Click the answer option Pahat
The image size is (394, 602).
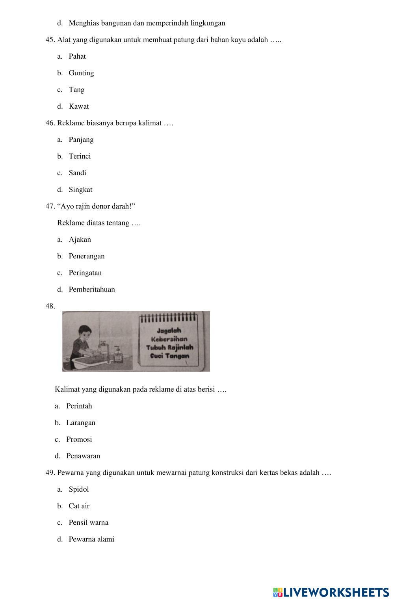77,56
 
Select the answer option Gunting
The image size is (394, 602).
81,73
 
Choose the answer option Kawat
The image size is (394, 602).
79,106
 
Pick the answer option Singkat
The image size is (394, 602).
80,190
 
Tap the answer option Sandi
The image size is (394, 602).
77,173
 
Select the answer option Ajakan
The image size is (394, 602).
80,240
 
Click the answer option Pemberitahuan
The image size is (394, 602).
92,290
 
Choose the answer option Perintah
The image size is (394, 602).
79,406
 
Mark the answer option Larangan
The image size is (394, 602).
81,423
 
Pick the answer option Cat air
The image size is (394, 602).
79,506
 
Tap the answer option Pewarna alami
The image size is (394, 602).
91,539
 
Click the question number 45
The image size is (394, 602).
50,40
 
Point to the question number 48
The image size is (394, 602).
50,306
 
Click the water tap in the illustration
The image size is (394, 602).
103,344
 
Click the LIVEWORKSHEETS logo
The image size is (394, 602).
331,592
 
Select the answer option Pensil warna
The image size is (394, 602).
88,523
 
